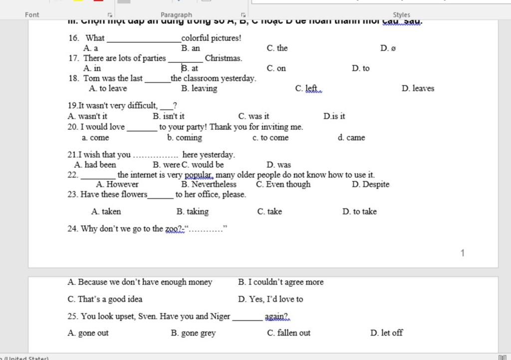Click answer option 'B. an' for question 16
pyautogui.click(x=190, y=48)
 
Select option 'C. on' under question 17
pyautogui.click(x=276, y=68)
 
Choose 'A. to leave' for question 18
pyautogui.click(x=108, y=89)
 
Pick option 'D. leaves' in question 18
pyautogui.click(x=418, y=89)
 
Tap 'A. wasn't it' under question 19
pyautogui.click(x=87, y=117)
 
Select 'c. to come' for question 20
pyautogui.click(x=270, y=138)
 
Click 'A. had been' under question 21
pyautogui.click(x=95, y=165)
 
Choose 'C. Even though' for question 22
pyautogui.click(x=283, y=184)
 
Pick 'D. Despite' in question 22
pyautogui.click(x=370, y=184)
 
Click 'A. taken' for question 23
pyautogui.click(x=106, y=211)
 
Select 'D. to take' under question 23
pyautogui.click(x=359, y=211)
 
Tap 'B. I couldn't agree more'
pyautogui.click(x=281, y=282)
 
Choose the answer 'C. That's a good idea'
pyautogui.click(x=105, y=299)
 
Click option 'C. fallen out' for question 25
pyautogui.click(x=288, y=333)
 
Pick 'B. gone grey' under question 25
pyautogui.click(x=193, y=333)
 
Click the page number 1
pyautogui.click(x=462, y=253)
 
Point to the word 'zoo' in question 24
pyautogui.click(x=173, y=229)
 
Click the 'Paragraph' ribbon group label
pyautogui.click(x=176, y=15)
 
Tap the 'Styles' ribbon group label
pyautogui.click(x=401, y=15)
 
